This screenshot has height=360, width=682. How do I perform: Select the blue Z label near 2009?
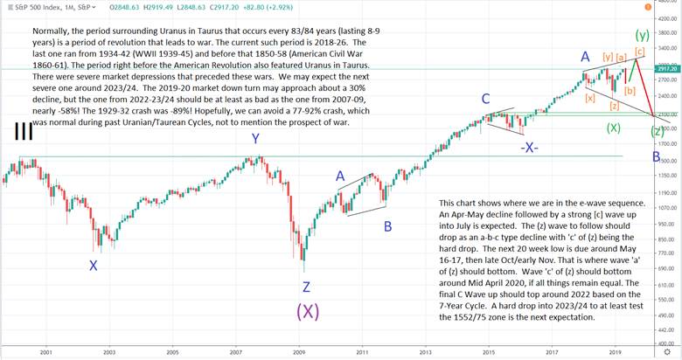pyautogui.click(x=306, y=287)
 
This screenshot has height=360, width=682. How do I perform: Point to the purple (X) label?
pyautogui.click(x=305, y=312)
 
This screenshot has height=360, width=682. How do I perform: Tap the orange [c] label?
pyautogui.click(x=639, y=52)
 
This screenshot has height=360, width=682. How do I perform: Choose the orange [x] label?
pyautogui.click(x=591, y=98)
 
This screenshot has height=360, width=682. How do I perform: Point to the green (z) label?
pyautogui.click(x=657, y=130)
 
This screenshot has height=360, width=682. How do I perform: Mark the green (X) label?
pyautogui.click(x=613, y=128)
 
